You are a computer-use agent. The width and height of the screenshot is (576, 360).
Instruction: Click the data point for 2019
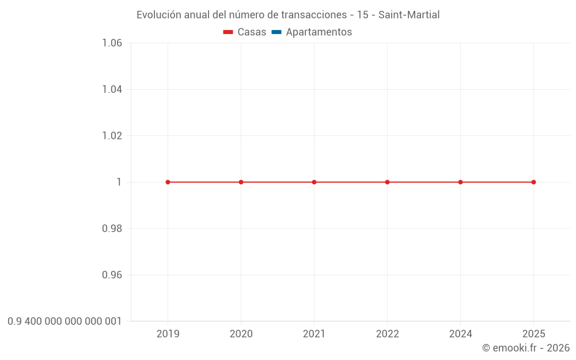click(168, 182)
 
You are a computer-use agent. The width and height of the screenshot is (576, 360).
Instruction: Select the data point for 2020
click(241, 182)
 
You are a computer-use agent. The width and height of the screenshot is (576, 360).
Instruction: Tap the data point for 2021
click(314, 182)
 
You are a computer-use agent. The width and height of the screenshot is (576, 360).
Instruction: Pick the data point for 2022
click(387, 182)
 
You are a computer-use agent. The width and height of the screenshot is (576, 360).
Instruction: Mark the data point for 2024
click(460, 182)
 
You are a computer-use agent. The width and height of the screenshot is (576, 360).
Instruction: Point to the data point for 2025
click(533, 182)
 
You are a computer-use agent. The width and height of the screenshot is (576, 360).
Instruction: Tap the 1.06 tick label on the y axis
click(112, 43)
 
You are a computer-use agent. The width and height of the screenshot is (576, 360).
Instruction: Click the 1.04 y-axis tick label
click(112, 89)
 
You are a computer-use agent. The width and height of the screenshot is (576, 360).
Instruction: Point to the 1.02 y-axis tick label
click(112, 136)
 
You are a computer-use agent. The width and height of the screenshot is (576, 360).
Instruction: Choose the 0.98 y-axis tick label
click(112, 229)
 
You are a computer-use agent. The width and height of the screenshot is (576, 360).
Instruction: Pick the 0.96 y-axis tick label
click(112, 275)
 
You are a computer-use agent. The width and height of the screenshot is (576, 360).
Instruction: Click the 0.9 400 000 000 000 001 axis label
click(65, 321)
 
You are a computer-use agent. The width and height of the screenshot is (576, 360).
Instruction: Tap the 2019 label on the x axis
click(168, 334)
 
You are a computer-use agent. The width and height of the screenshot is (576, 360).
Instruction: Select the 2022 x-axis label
click(387, 334)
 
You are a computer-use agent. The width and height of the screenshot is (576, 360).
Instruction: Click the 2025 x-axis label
click(533, 334)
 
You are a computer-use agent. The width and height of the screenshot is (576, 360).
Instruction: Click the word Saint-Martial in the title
click(409, 15)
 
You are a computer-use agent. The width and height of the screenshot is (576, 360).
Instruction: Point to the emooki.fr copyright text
click(526, 348)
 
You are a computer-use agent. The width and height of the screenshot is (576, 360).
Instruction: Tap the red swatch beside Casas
click(228, 32)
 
